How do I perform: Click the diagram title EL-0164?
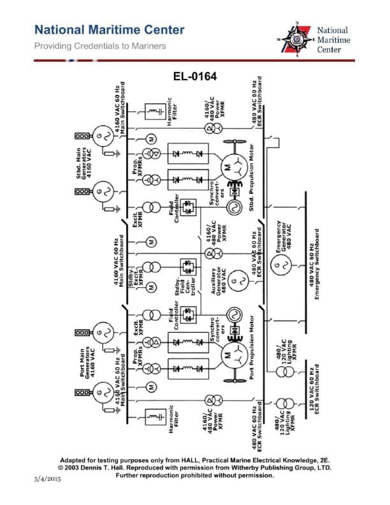point(195,77)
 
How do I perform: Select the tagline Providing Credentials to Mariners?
point(100,46)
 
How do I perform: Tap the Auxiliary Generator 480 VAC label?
point(220,278)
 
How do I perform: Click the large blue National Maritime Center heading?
point(109,29)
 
